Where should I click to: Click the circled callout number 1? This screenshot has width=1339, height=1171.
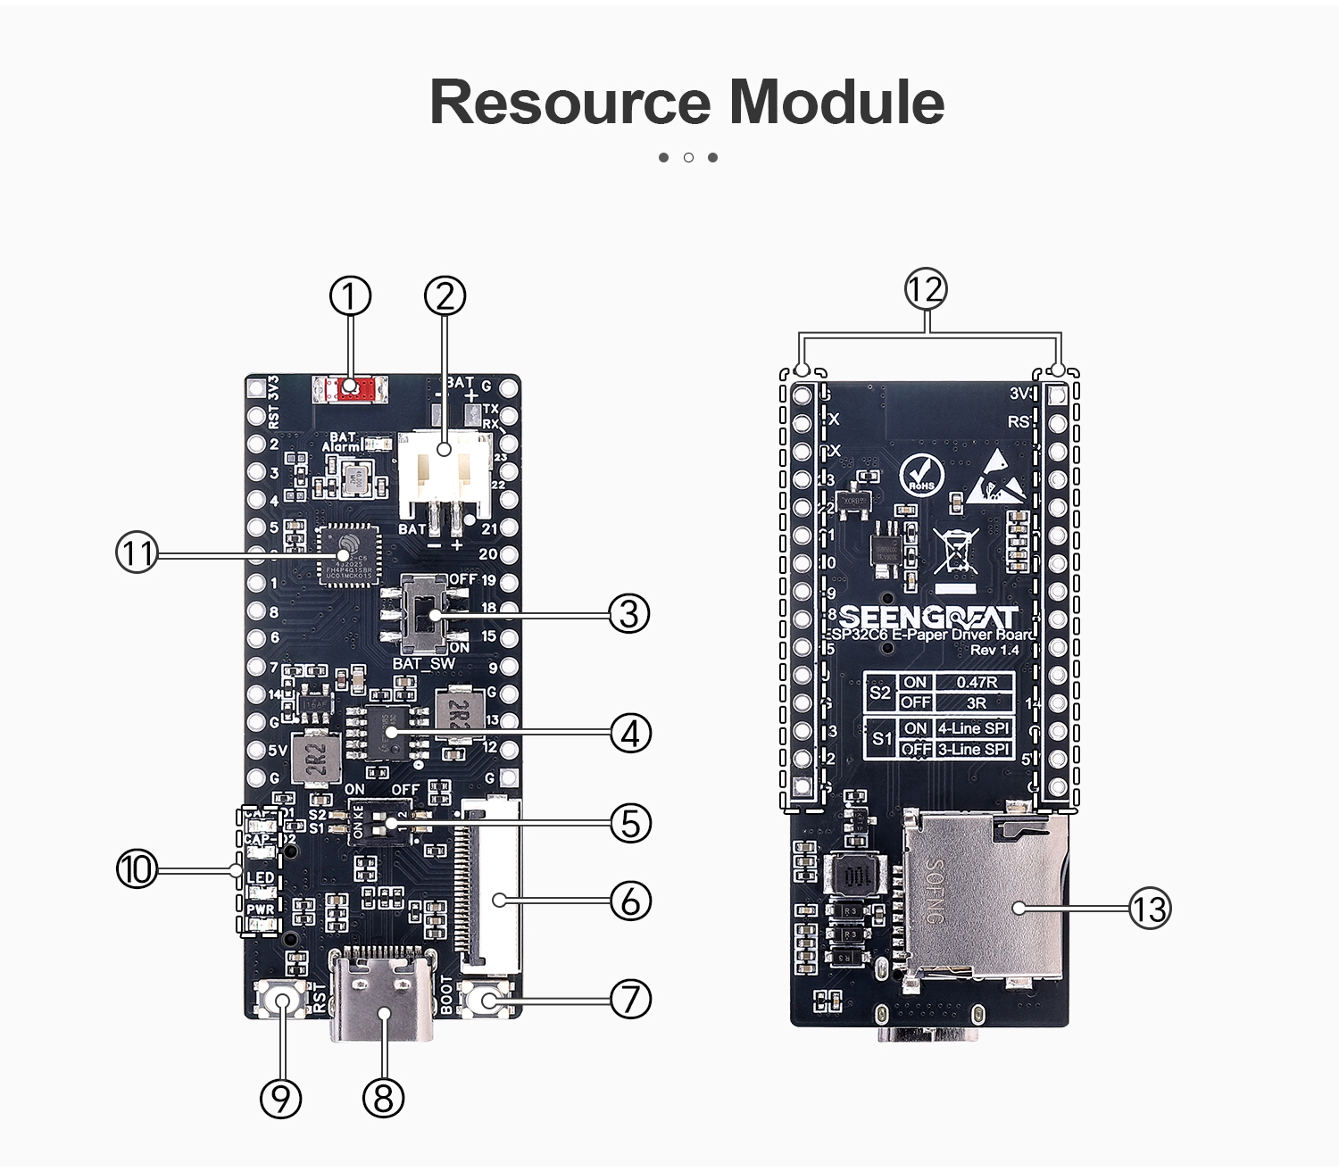click(350, 295)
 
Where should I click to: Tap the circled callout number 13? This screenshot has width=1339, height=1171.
click(1150, 909)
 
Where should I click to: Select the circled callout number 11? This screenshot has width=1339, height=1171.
click(137, 553)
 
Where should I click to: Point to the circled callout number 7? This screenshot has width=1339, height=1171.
click(630, 1000)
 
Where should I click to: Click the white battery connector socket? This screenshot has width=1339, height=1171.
click(445, 473)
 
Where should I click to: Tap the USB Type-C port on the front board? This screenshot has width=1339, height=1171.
click(383, 995)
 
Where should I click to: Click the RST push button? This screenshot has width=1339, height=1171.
click(283, 1001)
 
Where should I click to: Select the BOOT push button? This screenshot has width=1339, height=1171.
click(487, 1000)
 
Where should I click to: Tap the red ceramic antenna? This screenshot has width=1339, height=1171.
click(351, 388)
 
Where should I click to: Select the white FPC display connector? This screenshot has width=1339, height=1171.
click(489, 884)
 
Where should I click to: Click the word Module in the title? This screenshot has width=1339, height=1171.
click(836, 102)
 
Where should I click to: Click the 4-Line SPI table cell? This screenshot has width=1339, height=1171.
click(973, 728)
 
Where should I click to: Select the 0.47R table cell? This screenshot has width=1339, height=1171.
click(977, 682)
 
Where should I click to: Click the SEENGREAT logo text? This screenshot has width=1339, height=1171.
click(928, 617)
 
